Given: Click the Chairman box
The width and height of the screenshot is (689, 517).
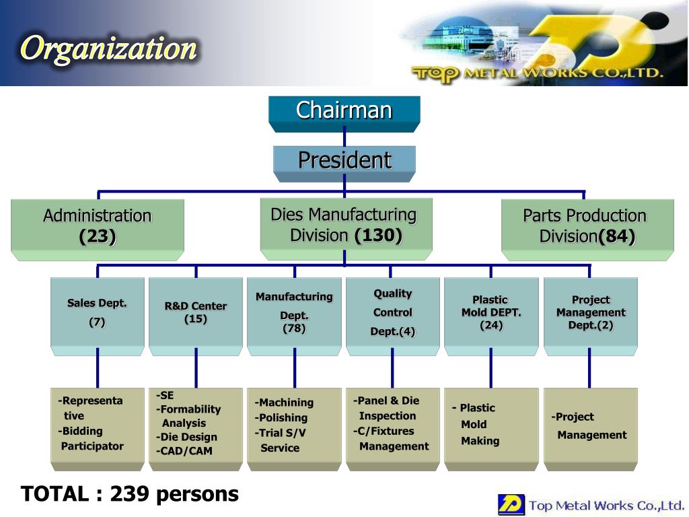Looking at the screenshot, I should coord(344,111).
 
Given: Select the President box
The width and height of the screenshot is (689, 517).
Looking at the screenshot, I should coord(344,161).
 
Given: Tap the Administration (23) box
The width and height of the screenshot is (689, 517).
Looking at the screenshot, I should coord(97,227).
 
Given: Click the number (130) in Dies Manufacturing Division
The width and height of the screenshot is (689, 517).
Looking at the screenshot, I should coord(378,236).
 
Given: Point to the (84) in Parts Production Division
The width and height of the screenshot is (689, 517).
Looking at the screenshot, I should coord(617,237).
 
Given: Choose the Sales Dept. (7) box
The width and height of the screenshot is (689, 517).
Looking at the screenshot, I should coord(97,313).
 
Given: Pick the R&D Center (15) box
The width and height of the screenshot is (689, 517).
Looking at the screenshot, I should coord(195,313).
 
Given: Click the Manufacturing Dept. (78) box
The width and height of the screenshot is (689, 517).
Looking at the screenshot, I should coord(294,313).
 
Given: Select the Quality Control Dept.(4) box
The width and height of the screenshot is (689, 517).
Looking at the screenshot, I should coord(392,313).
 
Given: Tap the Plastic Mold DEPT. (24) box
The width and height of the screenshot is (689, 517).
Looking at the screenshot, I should coord(491,313).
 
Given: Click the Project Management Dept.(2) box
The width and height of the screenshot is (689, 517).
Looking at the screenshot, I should coord(590,313).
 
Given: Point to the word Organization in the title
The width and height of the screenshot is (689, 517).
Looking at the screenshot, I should coord(109,48).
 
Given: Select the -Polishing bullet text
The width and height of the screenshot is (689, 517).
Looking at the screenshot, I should coord(281,418).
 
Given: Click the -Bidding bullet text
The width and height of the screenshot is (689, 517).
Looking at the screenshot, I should coord(80,431).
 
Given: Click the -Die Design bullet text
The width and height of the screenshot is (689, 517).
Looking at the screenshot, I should coord(186,437).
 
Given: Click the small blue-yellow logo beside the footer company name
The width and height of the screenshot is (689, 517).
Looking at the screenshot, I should coord(511,504).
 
